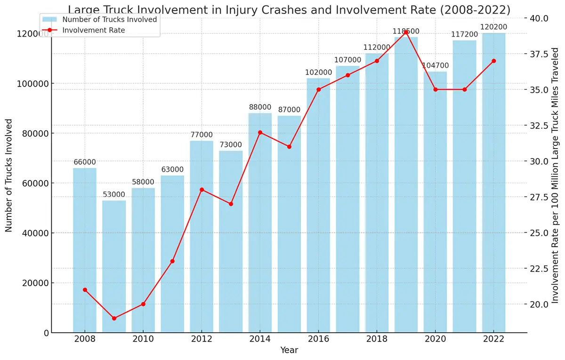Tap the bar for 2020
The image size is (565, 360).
pos(435,202)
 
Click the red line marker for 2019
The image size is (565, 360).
pos(406,32)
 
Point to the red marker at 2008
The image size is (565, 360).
pos(85,290)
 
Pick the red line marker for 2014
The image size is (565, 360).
pos(260,132)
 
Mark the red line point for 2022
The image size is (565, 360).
pos(493,61)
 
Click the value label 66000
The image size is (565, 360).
pos(85,162)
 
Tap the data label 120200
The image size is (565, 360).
pos(493,27)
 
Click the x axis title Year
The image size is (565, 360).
pos(289,351)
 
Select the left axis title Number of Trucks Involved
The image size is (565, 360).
pos(9,175)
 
